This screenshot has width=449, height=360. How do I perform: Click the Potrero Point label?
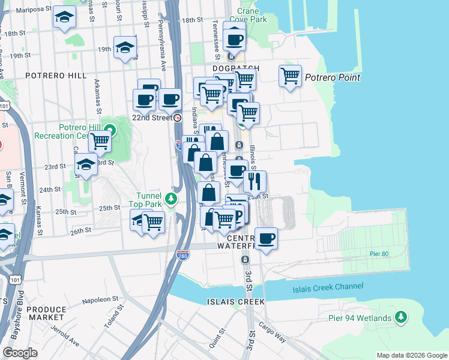coord(332,77)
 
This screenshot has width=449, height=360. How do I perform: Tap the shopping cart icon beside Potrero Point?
coord(290,76)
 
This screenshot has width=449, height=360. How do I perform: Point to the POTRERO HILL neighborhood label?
coord(56,76)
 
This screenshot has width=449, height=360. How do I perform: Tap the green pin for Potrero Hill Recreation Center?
coord(109,129)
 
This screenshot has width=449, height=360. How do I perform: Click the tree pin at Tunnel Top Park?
coord(172,198)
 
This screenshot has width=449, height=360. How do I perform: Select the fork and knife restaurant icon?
coord(255,181)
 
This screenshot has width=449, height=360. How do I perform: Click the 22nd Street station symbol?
coord(178,118)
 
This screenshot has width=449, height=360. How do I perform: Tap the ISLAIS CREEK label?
coord(227,302)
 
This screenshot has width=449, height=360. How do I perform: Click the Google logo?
coord(20,353)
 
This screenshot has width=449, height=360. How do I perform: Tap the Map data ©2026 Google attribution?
coord(412,355)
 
